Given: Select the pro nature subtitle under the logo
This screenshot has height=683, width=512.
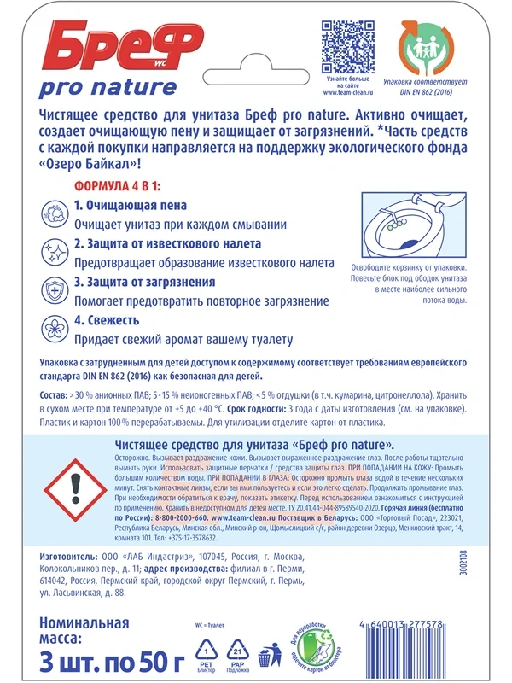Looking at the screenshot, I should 108,87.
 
